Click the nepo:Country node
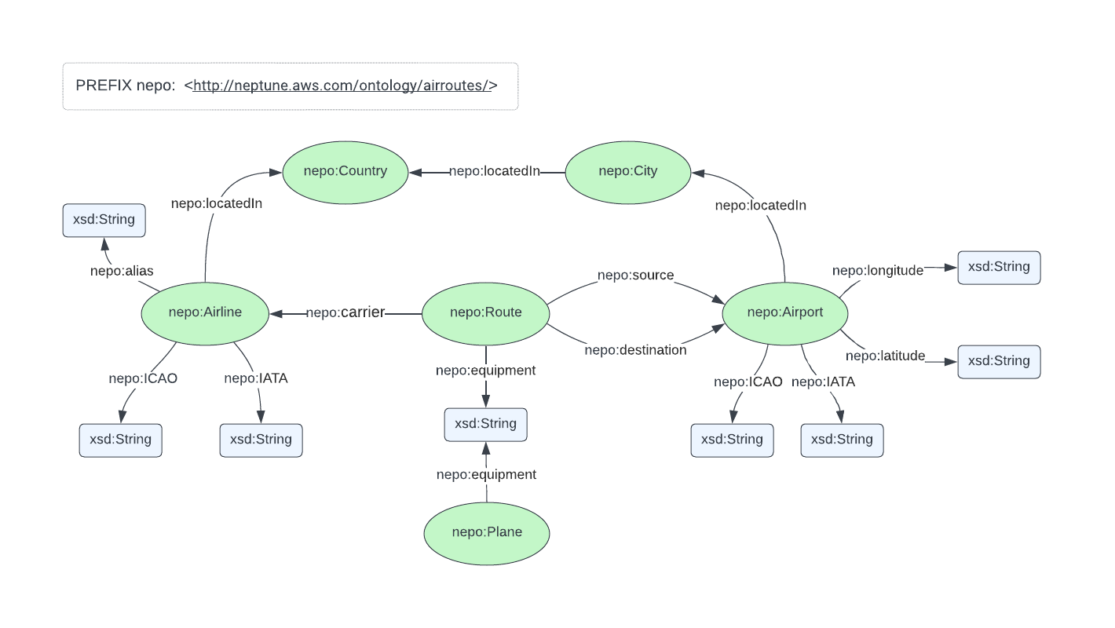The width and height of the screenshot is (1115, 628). pos(345,171)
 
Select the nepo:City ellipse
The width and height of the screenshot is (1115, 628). pos(627,171)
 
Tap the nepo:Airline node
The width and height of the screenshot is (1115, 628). pos(205,312)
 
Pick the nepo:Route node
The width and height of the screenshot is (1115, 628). pos(485,312)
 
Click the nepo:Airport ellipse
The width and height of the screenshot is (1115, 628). pos(784,312)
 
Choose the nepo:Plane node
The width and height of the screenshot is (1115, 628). pos(487,532)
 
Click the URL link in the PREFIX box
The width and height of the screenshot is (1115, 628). pos(341,86)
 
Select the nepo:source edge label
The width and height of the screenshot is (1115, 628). pos(635,275)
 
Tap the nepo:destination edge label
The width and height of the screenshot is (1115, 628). pos(635,350)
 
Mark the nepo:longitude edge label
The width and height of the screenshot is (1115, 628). pos(877,271)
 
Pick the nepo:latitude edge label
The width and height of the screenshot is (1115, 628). pos(885,356)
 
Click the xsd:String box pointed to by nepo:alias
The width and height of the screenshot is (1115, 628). pos(104,220)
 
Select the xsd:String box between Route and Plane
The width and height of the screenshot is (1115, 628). pos(485,424)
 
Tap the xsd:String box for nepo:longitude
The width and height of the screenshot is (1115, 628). pos(999,267)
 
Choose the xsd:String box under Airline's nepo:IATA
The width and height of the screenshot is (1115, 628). pos(261,440)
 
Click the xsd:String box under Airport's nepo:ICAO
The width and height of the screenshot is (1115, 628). pos(732,440)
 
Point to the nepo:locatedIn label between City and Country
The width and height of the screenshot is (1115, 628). pos(494,171)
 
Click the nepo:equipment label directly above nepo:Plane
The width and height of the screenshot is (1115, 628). pos(486,475)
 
